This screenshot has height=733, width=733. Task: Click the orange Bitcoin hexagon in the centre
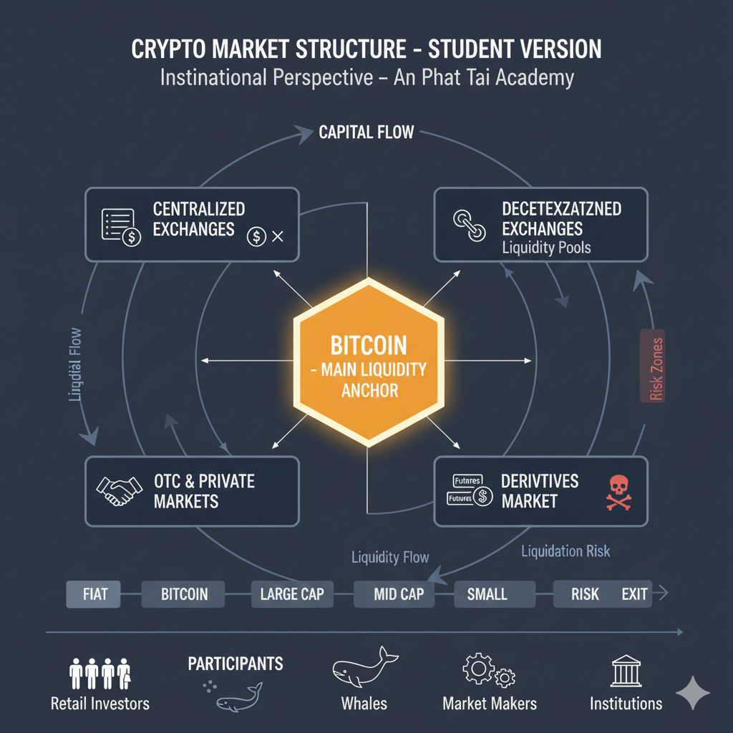click(366, 362)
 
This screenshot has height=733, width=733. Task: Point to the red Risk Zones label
click(653, 366)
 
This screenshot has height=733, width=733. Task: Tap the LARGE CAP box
click(292, 594)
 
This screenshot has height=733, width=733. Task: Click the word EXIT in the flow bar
click(634, 594)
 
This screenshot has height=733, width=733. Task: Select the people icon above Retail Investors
click(99, 674)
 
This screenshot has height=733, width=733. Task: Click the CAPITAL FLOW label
click(366, 133)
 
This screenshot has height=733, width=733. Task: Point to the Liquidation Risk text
click(565, 551)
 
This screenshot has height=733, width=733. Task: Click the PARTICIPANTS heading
click(236, 664)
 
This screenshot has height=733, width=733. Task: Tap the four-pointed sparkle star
click(693, 692)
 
